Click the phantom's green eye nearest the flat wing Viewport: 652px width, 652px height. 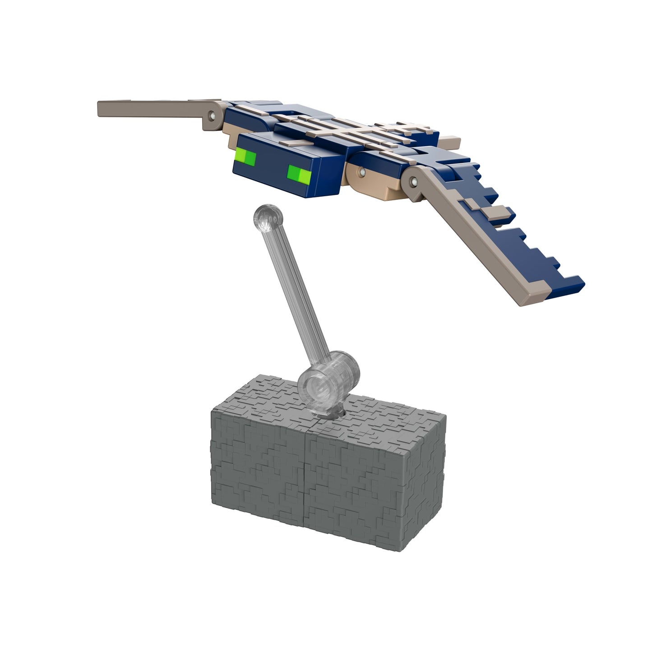coord(246,158)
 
